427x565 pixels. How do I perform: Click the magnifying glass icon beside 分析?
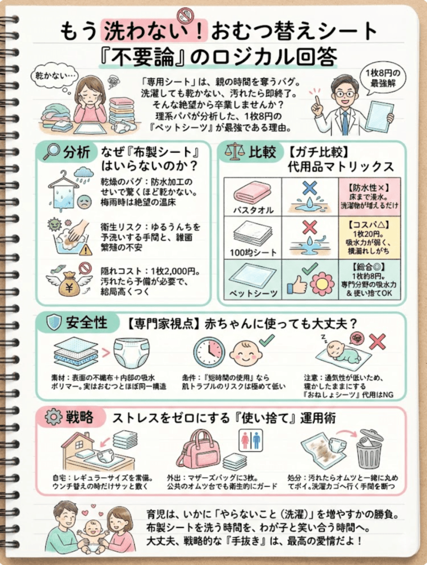coord(51,151)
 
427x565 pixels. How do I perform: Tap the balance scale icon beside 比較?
coord(232,152)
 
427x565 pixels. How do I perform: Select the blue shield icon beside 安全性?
coord(54,323)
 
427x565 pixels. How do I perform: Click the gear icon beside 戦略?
coord(52,417)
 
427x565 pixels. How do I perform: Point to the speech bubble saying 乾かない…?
coord(57,75)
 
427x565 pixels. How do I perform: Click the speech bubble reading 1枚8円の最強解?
coord(386,79)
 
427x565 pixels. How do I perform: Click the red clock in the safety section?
coord(209,352)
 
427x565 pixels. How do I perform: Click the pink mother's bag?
coord(199,450)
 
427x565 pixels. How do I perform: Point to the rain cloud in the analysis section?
coord(83,174)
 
